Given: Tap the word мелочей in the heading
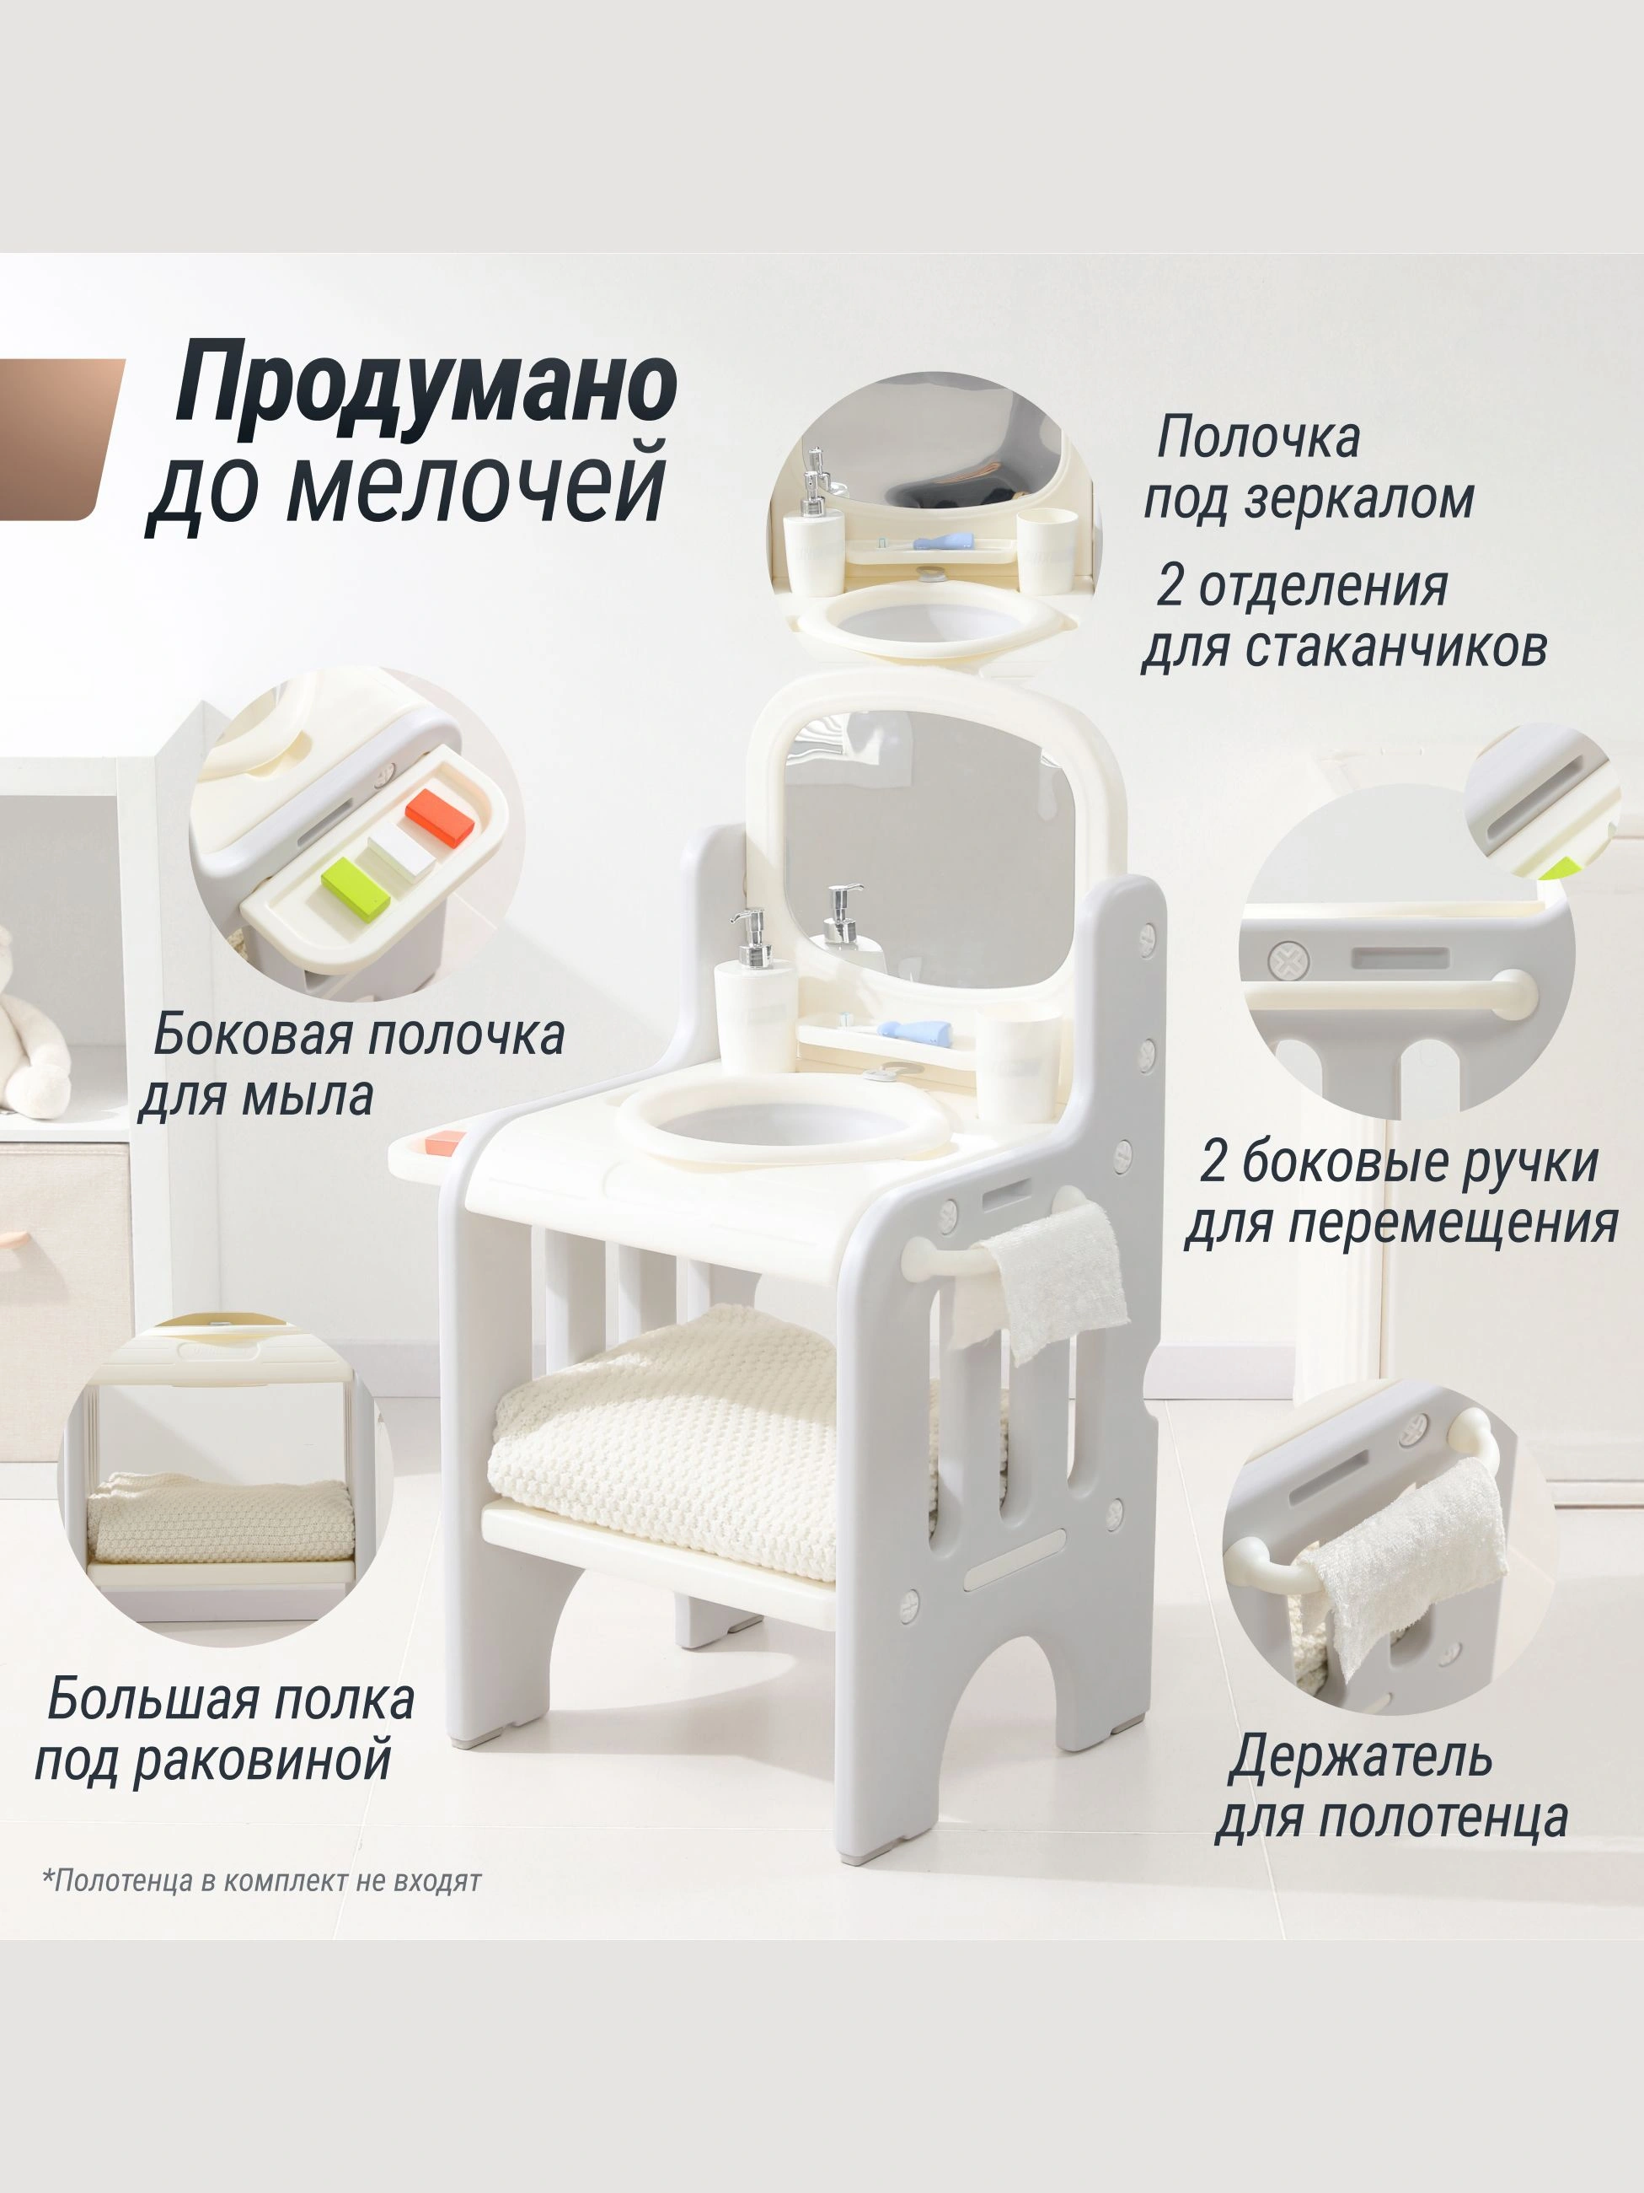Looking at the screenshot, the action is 477,486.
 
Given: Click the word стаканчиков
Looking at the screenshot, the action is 1395,647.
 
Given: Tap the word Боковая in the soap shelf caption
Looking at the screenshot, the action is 254,1033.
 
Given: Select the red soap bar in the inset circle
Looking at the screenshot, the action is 440,818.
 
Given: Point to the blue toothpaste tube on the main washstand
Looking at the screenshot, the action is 914,1031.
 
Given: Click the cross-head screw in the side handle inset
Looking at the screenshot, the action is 1289,959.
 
